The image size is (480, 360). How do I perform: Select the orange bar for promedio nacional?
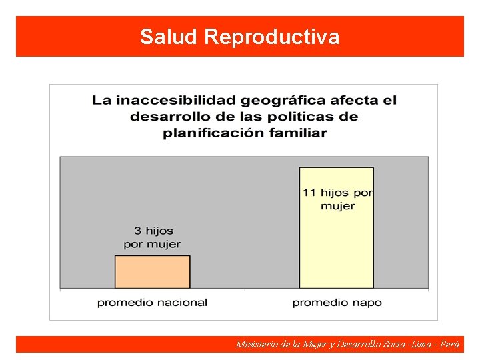click(153, 272)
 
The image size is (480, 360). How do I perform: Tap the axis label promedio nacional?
click(152, 303)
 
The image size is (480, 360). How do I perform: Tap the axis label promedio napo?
click(337, 303)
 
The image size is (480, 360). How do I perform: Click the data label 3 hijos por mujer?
click(153, 237)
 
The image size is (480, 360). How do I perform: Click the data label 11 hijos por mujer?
click(337, 199)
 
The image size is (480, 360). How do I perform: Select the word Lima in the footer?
click(421, 345)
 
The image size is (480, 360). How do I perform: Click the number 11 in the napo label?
click(309, 193)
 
